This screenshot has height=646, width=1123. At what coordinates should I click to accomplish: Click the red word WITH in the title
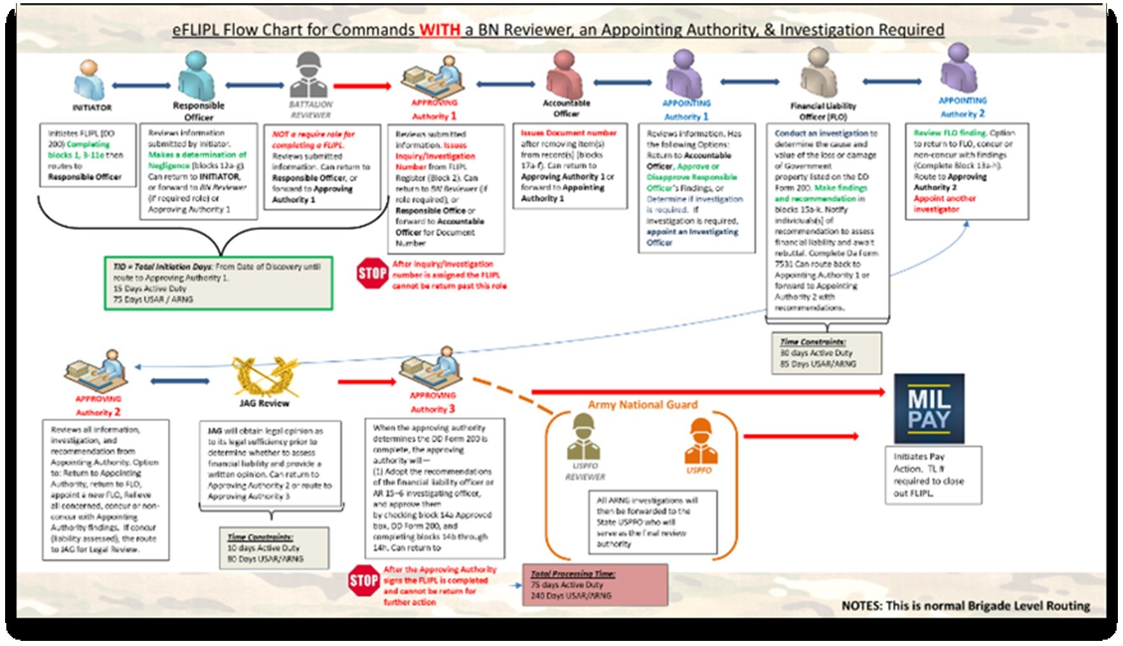(440, 29)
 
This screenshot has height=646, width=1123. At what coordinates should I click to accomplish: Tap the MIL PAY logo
(928, 409)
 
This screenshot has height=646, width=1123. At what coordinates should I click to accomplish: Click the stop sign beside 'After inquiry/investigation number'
(373, 274)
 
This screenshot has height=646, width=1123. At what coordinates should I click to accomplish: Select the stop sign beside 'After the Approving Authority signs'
(364, 580)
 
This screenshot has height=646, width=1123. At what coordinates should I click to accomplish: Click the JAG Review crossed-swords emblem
(264, 376)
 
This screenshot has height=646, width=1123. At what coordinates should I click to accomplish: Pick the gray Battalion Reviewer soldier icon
(309, 75)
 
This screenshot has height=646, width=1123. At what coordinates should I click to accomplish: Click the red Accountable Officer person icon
(564, 75)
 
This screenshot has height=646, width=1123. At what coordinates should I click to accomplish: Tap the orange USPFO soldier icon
(700, 441)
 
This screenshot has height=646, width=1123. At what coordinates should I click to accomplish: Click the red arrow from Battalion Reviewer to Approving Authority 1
(362, 86)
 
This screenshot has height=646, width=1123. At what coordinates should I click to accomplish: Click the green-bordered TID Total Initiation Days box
(218, 283)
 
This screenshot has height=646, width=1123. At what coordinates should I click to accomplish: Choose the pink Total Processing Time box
(595, 584)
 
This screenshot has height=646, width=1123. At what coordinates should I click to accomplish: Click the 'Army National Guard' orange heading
(643, 405)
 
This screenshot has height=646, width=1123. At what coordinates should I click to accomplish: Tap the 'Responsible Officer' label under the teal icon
(198, 111)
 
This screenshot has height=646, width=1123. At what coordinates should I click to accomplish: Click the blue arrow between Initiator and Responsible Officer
(141, 85)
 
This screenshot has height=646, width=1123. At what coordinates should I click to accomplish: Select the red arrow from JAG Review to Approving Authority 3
(367, 382)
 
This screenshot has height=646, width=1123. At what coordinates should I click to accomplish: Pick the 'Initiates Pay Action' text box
(932, 475)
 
